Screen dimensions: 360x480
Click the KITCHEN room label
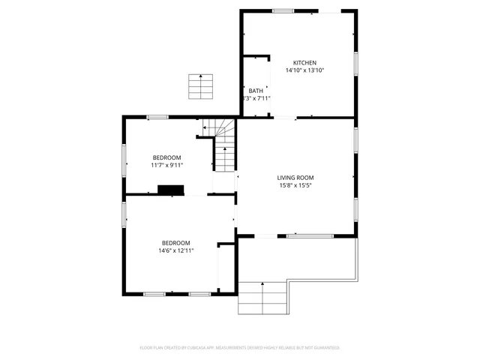click(304, 62)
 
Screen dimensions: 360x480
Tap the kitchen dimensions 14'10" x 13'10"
click(304, 70)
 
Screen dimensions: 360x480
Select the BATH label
click(256, 91)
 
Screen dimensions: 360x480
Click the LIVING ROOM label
click(295, 177)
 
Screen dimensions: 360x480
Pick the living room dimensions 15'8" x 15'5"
click(295, 185)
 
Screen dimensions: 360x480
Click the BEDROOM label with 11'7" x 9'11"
click(166, 157)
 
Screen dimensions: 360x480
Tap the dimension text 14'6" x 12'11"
click(175, 251)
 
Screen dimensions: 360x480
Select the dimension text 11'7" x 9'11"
click(166, 166)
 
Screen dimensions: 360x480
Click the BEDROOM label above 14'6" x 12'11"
click(175, 243)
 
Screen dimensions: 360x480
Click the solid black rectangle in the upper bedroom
click(171, 190)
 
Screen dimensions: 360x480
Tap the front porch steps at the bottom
click(262, 298)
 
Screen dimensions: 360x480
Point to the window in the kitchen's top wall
click(283, 10)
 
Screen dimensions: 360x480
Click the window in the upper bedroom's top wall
click(157, 116)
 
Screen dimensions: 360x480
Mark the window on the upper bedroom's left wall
click(124, 157)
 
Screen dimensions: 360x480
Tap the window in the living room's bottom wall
click(310, 236)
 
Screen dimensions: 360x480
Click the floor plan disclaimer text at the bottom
click(240, 348)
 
